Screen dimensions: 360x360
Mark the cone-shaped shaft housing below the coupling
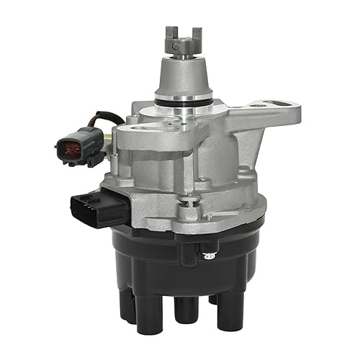pos(181,79)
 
